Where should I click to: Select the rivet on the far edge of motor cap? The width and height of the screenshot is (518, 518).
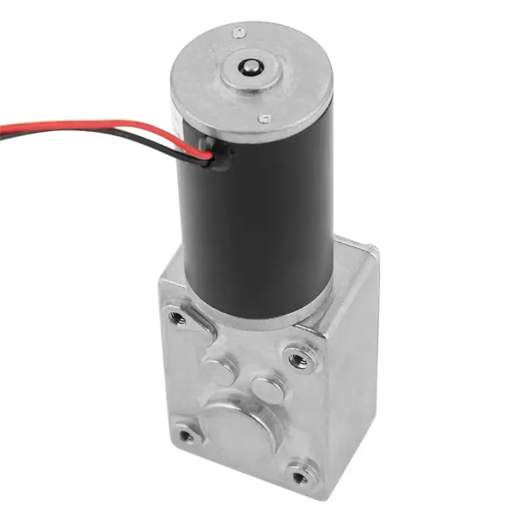pyautogui.click(x=235, y=33)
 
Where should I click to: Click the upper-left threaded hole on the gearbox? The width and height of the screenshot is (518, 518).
pyautogui.click(x=177, y=318)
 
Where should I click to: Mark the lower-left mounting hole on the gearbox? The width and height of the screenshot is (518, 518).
pyautogui.click(x=186, y=435)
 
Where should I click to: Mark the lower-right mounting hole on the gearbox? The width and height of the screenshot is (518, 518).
pyautogui.click(x=300, y=477)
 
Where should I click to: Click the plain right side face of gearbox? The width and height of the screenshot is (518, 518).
pyautogui.click(x=351, y=378)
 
